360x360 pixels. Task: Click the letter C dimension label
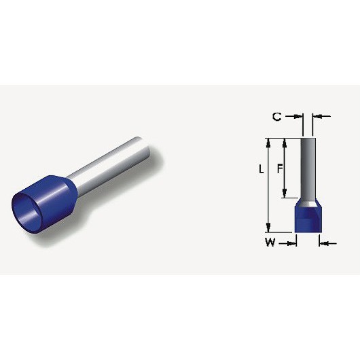(277, 117)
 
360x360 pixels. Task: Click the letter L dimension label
(262, 169)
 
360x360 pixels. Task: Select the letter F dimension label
(280, 168)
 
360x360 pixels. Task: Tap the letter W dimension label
(270, 242)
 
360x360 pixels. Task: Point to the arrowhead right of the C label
(298, 116)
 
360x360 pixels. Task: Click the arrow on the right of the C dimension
(322, 116)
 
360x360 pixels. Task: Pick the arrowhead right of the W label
(292, 243)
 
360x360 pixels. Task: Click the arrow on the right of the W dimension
(328, 243)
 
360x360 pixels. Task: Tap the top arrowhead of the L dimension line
(268, 143)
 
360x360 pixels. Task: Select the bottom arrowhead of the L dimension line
(268, 228)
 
